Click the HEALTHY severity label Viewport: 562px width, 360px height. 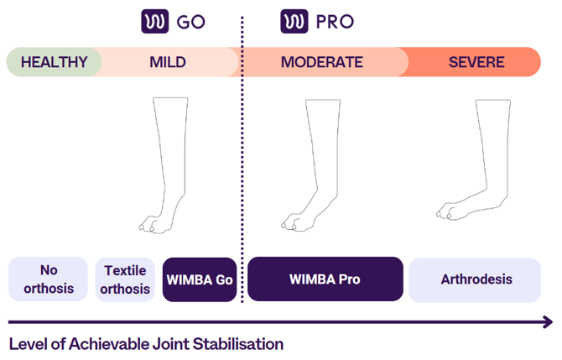coord(55,62)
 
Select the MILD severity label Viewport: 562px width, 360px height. coord(168,62)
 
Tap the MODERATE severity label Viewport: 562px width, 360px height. coord(322,62)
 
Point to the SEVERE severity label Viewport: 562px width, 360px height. coord(476,62)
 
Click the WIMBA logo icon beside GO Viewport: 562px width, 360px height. coord(155,22)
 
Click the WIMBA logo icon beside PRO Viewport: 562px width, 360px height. coord(294,22)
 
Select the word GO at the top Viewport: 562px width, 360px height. coord(191,22)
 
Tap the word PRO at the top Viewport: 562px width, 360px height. coord(335,22)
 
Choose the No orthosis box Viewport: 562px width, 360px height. coord(48,279)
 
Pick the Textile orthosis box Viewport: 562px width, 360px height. coord(125,279)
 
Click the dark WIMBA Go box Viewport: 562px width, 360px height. coord(200,279)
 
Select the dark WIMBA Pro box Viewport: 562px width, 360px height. coord(325,279)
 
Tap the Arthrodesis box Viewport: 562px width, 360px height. coord(475,279)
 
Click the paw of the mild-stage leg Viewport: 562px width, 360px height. coord(154,224)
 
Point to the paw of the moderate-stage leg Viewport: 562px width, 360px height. coord(297,222)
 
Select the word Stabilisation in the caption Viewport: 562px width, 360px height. coord(238,344)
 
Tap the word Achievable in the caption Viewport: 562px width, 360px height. coord(109,344)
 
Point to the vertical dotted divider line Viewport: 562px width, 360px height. coord(242,159)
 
